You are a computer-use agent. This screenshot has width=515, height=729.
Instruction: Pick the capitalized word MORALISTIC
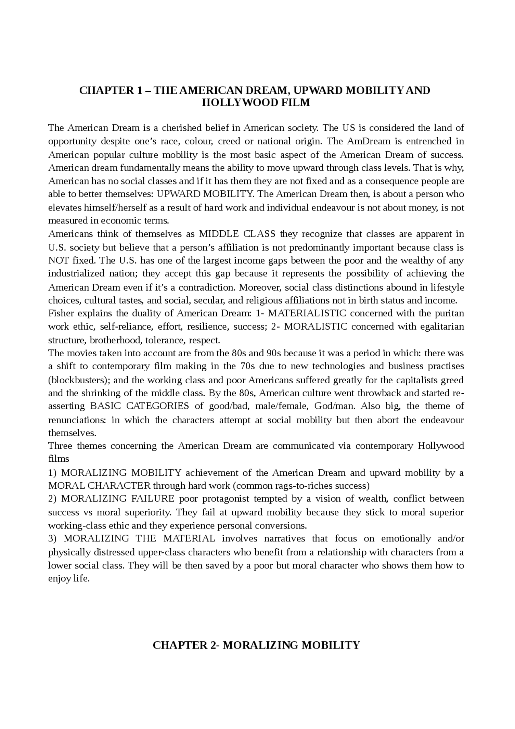click(315, 326)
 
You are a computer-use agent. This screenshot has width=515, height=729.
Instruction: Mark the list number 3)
click(53, 539)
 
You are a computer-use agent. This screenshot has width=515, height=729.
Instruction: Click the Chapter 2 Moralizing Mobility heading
click(256, 645)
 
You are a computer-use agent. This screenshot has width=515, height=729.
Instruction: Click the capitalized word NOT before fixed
click(58, 260)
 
